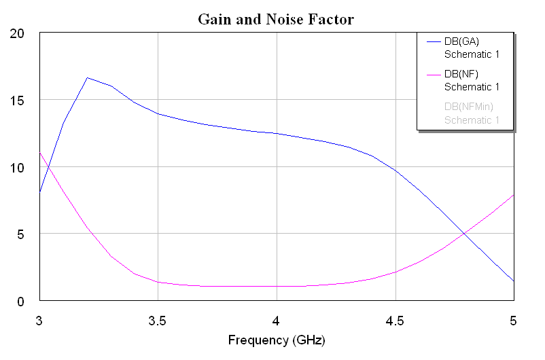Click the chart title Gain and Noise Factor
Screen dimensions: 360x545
[x=275, y=19]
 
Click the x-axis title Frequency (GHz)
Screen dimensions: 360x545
[x=275, y=340]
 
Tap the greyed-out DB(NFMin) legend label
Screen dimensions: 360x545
[x=468, y=107]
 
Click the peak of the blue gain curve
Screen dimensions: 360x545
[x=87, y=77]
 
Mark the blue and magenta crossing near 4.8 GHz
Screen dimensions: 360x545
[x=465, y=234]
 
